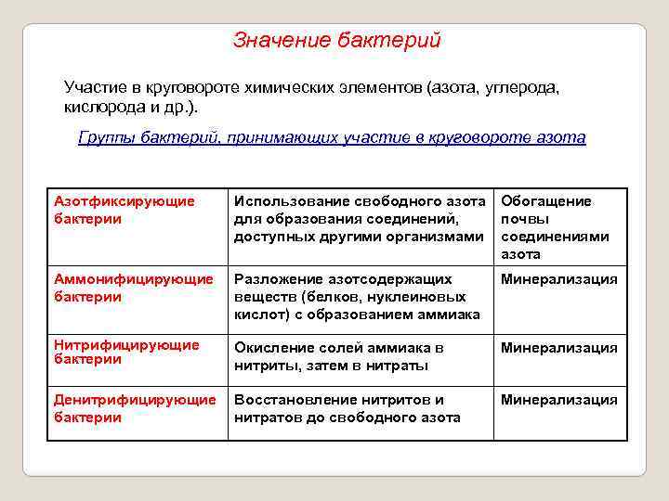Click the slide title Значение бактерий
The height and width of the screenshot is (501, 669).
(x=336, y=41)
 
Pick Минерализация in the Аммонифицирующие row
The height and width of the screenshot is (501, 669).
(x=559, y=279)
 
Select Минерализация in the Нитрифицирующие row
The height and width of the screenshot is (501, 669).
(x=559, y=348)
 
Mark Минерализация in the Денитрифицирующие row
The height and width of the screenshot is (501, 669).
(x=559, y=400)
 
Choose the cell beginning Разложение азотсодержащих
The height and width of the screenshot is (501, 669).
(x=357, y=297)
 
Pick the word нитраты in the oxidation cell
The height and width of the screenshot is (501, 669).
(x=399, y=366)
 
